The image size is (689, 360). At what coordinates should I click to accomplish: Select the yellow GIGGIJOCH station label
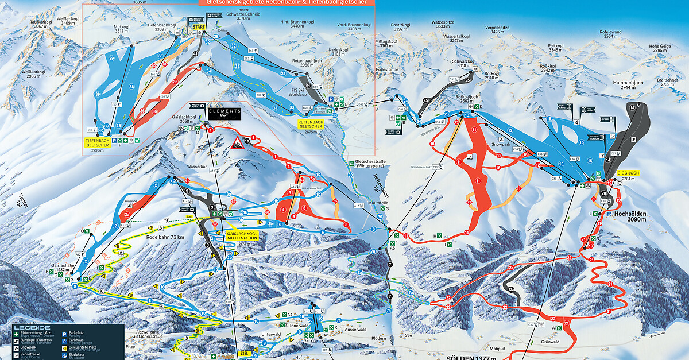point(628,172)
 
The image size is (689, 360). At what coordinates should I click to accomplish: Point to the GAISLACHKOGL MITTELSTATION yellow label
point(242,237)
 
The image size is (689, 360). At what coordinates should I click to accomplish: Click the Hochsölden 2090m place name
point(630,215)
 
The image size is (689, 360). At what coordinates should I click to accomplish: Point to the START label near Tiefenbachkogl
point(199,26)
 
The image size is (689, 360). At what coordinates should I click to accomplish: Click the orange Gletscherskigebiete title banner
point(286,2)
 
